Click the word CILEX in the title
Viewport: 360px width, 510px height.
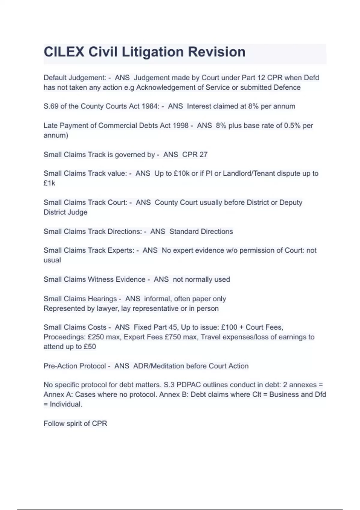click(64, 52)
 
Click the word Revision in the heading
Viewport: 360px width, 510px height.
click(217, 52)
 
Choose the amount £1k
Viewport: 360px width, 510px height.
click(49, 183)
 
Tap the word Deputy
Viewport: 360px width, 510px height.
click(291, 202)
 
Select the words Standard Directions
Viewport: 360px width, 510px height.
click(201, 232)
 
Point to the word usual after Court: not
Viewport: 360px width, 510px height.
click(52, 260)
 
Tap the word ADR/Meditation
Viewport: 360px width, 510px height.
click(158, 366)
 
